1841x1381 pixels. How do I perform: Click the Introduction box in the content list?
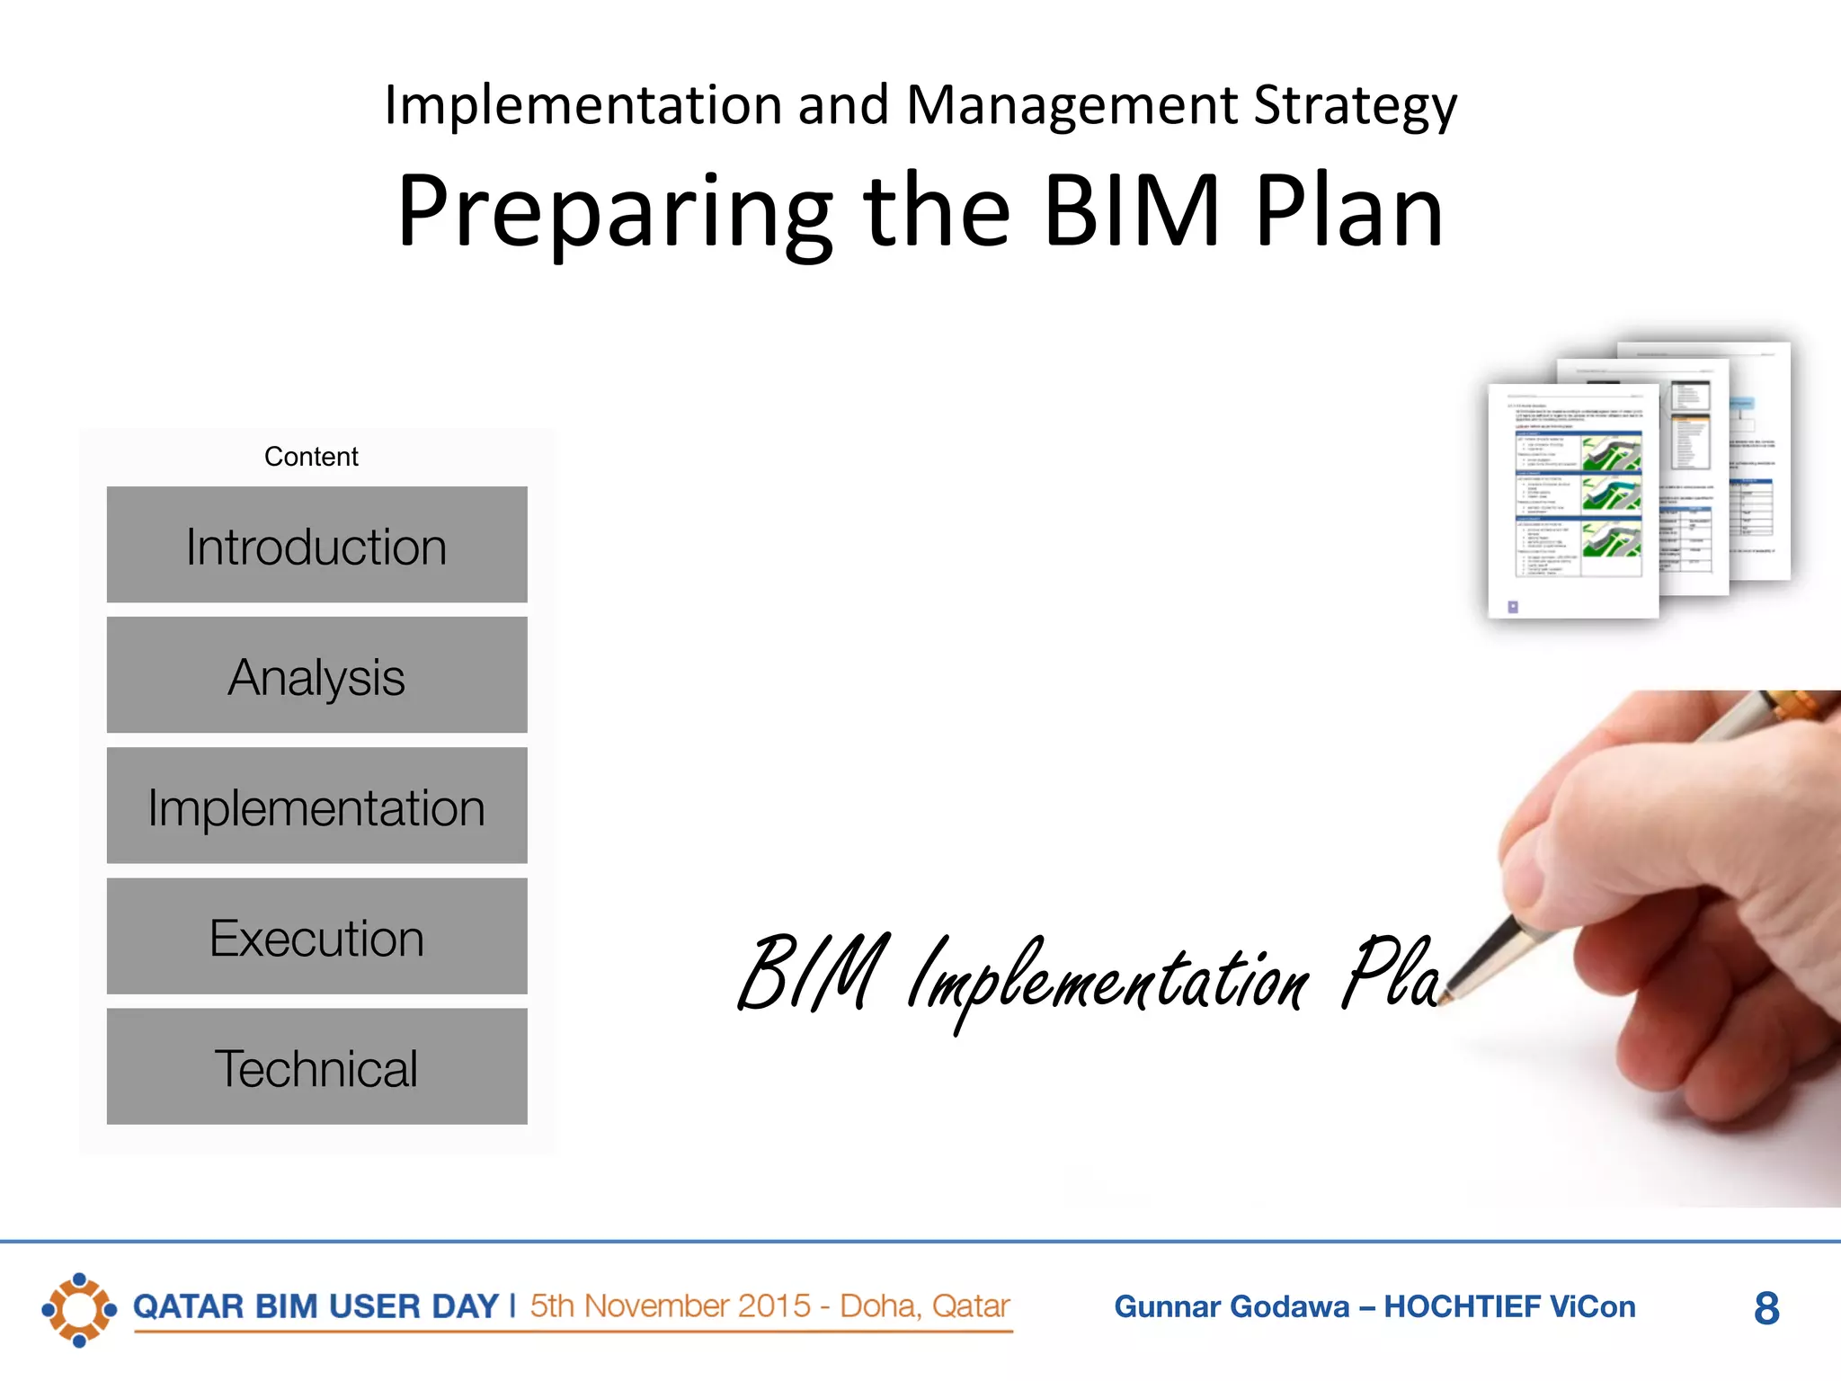click(316, 545)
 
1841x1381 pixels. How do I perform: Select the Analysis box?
click(316, 675)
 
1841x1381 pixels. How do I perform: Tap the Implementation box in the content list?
click(316, 806)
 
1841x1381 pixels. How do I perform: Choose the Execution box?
click(316, 936)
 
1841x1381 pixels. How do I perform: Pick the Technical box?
click(316, 1066)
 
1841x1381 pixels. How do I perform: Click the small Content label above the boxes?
click(311, 457)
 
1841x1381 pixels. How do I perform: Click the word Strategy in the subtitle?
click(1355, 106)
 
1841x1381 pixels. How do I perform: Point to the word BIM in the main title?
click(1132, 211)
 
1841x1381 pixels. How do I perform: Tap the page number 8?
click(1765, 1308)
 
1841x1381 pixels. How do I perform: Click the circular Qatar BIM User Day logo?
click(79, 1309)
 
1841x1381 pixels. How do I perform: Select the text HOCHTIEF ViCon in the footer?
click(1509, 1306)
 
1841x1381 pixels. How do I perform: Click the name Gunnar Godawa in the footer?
click(1231, 1306)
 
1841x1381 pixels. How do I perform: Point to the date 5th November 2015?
click(670, 1305)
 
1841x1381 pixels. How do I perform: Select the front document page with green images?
click(1572, 500)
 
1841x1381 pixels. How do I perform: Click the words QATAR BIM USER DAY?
click(316, 1306)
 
